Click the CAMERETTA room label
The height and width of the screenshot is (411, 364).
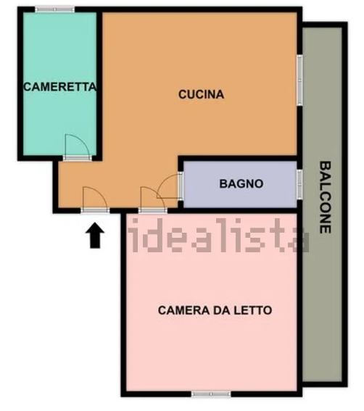[59, 87]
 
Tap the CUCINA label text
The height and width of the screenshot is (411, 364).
[201, 94]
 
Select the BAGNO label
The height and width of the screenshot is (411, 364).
[241, 183]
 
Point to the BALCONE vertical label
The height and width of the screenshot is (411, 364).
[325, 197]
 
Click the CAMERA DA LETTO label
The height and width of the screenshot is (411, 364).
[215, 310]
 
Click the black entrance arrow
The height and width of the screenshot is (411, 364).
[95, 236]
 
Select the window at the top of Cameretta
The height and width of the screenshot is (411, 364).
[55, 9]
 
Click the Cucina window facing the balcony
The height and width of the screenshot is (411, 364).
[299, 80]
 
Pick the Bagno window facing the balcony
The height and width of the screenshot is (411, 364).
[299, 184]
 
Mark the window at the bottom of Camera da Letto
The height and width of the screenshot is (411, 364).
[211, 394]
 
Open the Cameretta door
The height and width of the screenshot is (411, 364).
[78, 146]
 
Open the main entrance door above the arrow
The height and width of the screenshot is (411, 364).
[95, 199]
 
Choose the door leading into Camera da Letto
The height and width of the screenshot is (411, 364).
[152, 199]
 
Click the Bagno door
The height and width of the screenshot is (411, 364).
[170, 186]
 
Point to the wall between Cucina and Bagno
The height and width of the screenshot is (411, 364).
[238, 158]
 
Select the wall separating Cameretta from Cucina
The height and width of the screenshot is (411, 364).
[99, 84]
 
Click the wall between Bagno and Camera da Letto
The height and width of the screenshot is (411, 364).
[240, 210]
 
